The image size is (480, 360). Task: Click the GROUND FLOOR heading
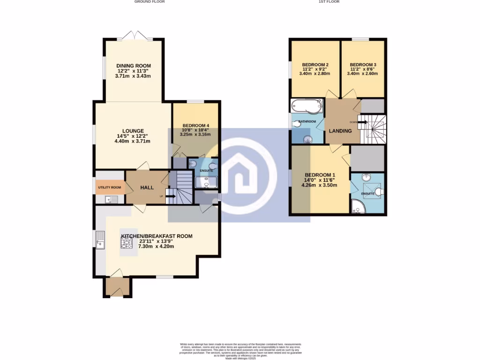150,2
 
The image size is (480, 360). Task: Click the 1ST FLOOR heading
329,2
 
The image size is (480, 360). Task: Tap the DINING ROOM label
134,66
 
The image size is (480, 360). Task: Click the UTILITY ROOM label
109,187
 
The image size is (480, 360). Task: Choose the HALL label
147,187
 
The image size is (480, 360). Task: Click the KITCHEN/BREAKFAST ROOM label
157,236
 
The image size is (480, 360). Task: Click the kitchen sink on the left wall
100,239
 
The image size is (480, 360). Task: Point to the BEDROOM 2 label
315,65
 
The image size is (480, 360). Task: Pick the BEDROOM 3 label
363,65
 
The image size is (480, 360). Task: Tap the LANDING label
340,131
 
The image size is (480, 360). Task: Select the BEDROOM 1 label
319,174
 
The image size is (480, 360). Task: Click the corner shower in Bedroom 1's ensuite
358,206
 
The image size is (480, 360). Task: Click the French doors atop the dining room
134,35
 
